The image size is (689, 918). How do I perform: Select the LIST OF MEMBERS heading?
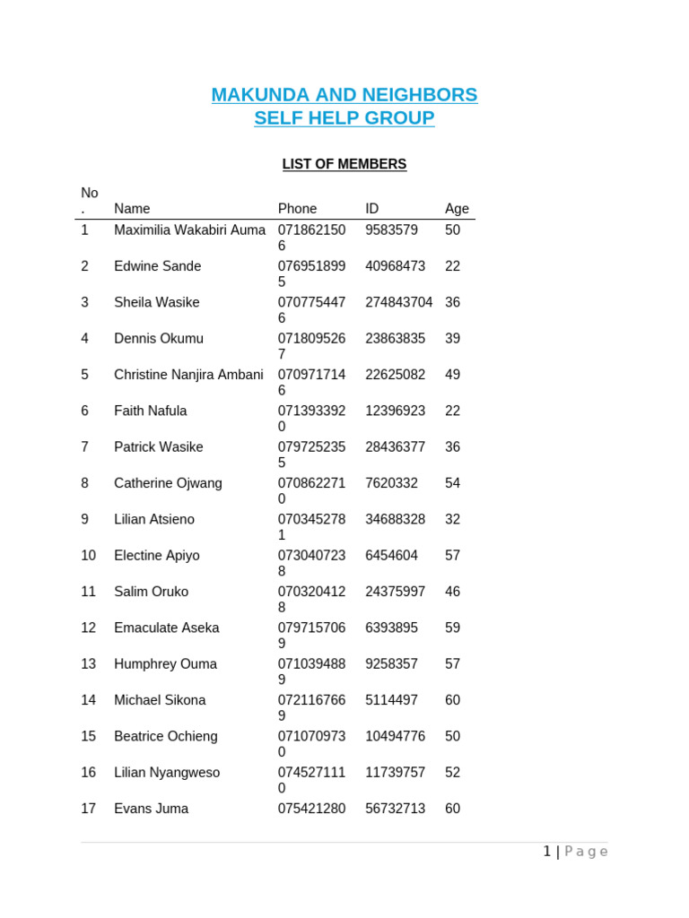tap(344, 164)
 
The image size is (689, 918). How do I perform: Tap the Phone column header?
tap(297, 209)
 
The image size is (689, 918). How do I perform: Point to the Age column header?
tap(457, 209)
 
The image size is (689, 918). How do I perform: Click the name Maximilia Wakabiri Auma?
tap(189, 230)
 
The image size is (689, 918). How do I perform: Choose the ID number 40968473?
tap(395, 266)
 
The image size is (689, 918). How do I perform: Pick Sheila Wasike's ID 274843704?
tap(398, 303)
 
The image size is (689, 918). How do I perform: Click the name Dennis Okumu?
tap(159, 339)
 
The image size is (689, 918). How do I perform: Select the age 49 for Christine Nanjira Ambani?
tap(452, 375)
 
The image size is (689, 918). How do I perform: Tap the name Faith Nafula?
tap(151, 411)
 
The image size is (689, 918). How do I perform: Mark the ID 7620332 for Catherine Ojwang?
tap(391, 483)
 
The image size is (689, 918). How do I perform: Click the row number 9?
tap(84, 519)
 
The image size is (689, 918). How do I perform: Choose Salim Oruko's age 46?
tap(452, 592)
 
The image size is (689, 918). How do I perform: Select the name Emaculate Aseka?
tap(167, 628)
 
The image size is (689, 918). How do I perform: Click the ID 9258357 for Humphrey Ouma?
tap(391, 664)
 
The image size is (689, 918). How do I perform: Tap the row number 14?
tap(88, 700)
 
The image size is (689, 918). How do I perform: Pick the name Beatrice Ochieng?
tap(166, 736)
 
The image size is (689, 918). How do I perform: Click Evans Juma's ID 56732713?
tap(395, 809)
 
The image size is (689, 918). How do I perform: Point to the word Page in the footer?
tap(586, 852)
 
